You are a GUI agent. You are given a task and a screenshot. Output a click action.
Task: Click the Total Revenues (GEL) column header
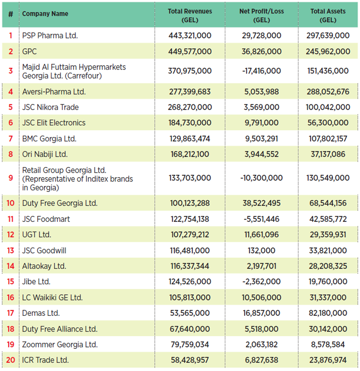pyautogui.click(x=190, y=15)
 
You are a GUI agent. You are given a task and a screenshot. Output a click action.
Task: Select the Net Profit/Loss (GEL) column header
pyautogui.click(x=261, y=15)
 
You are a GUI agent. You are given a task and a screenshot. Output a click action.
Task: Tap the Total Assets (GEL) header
pyautogui.click(x=328, y=15)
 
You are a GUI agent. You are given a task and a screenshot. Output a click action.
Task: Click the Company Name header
pyautogui.click(x=45, y=14)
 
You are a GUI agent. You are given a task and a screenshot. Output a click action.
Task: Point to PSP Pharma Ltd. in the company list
pyautogui.click(x=50, y=36)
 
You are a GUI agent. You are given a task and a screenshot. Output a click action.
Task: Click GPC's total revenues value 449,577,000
pyautogui.click(x=190, y=52)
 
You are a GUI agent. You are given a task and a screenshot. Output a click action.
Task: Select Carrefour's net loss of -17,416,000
pyautogui.click(x=261, y=71)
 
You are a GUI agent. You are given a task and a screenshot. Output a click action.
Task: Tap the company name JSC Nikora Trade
pyautogui.click(x=50, y=107)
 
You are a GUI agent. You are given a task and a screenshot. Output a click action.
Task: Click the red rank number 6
pyautogui.click(x=11, y=123)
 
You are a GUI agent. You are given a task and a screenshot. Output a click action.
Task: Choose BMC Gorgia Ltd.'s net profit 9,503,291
pyautogui.click(x=261, y=139)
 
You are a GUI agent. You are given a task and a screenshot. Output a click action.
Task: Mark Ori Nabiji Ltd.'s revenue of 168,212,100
pyautogui.click(x=190, y=154)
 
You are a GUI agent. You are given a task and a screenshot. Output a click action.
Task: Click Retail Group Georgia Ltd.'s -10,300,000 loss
pyautogui.click(x=261, y=178)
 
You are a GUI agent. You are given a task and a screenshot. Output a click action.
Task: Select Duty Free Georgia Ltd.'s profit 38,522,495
pyautogui.click(x=261, y=203)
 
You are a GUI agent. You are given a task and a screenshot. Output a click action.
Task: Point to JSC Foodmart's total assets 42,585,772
pyautogui.click(x=328, y=219)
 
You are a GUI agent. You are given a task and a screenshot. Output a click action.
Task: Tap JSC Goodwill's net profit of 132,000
pyautogui.click(x=261, y=251)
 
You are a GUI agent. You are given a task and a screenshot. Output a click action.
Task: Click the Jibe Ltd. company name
pyautogui.click(x=36, y=282)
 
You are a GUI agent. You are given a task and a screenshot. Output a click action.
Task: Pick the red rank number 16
pyautogui.click(x=10, y=297)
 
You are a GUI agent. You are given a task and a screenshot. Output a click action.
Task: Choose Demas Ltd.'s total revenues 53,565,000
pyautogui.click(x=190, y=313)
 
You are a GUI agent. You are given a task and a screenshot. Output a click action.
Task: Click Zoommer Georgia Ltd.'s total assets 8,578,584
pyautogui.click(x=328, y=345)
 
